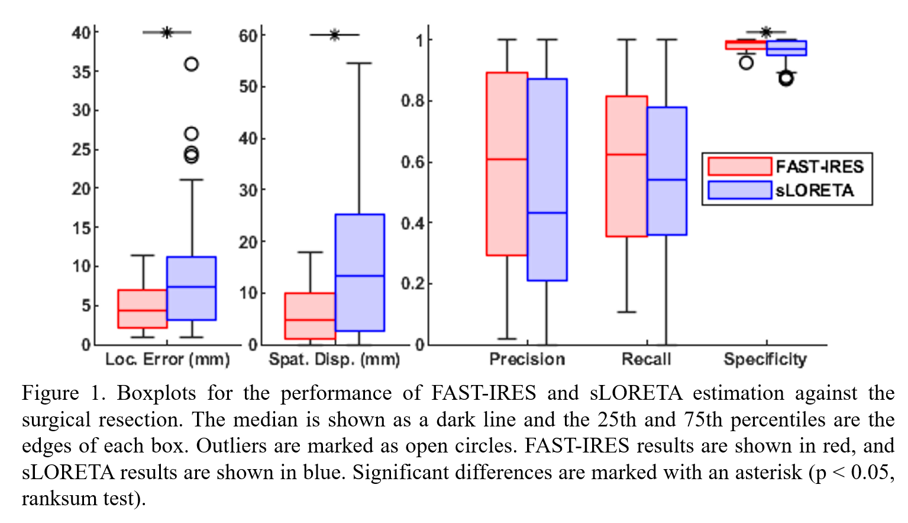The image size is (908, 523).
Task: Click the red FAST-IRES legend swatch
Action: [x=739, y=166]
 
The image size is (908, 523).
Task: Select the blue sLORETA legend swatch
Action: [x=739, y=190]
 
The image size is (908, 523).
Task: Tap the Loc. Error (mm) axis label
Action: [x=167, y=359]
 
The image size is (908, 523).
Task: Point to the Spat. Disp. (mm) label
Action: [x=334, y=359]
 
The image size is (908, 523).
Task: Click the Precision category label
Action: [x=527, y=359]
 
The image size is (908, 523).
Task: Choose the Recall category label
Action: [x=647, y=359]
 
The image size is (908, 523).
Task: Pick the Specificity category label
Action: [x=765, y=359]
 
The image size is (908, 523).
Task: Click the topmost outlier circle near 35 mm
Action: [x=191, y=64]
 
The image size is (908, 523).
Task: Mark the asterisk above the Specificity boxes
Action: [x=766, y=32]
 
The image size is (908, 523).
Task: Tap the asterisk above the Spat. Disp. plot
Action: [x=335, y=35]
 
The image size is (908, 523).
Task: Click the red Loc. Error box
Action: [x=143, y=309]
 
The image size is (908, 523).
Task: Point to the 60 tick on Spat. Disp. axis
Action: [x=248, y=36]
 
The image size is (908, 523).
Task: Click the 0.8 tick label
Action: [x=412, y=101]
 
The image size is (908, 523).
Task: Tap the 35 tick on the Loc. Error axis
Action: [x=82, y=72]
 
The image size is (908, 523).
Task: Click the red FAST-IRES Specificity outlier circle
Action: [x=747, y=62]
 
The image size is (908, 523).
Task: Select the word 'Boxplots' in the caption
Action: [x=156, y=393]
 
